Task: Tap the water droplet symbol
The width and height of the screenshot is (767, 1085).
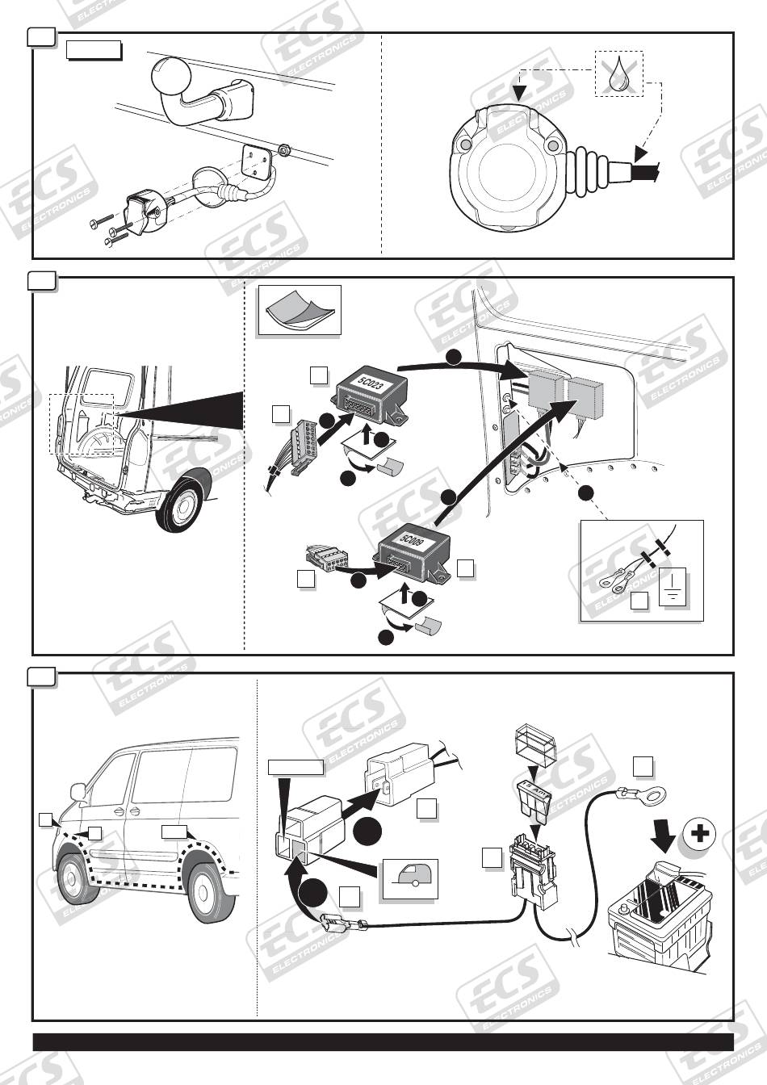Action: pyautogui.click(x=619, y=74)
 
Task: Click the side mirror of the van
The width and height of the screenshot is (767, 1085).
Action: pyautogui.click(x=79, y=790)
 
